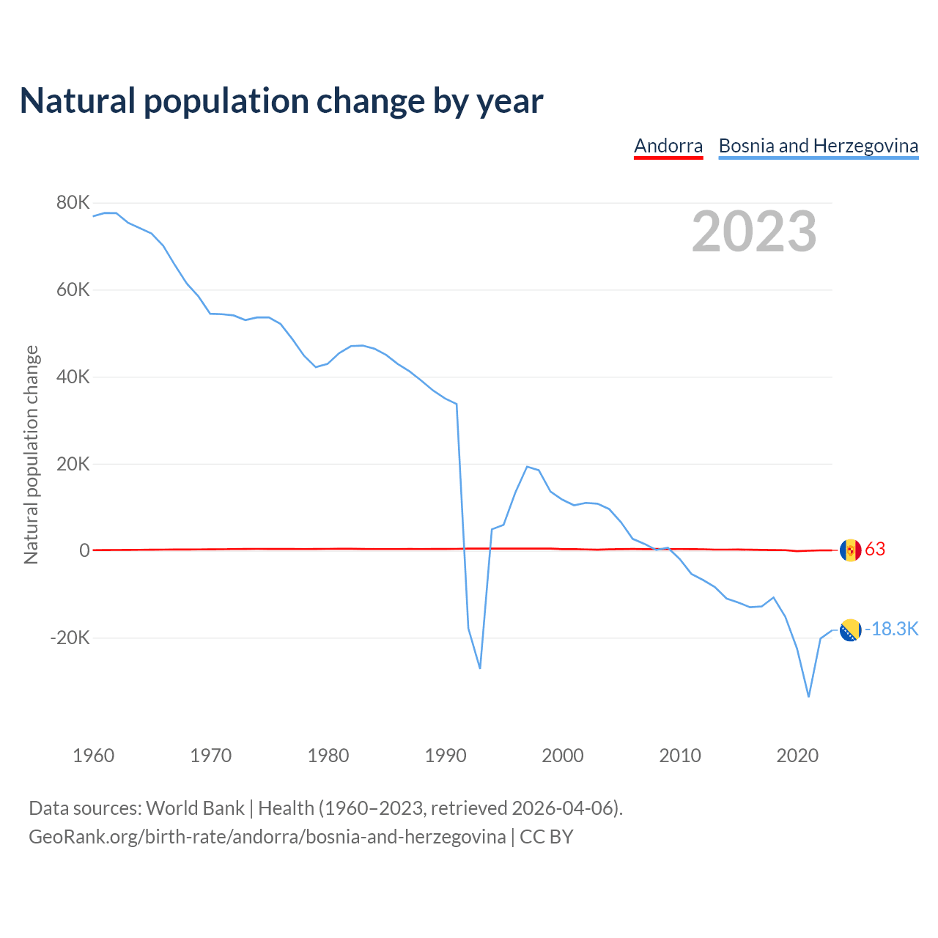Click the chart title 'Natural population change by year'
click(281, 101)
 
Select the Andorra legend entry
click(668, 146)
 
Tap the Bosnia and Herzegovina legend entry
click(818, 146)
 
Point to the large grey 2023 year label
click(754, 232)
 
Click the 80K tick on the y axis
click(73, 203)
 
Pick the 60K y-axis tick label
click(73, 290)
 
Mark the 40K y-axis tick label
click(73, 377)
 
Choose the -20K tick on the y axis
click(70, 638)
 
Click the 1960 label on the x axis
click(94, 756)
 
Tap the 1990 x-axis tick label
click(446, 756)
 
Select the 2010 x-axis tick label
click(680, 756)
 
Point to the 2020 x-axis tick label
click(797, 756)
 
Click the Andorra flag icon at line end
click(850, 550)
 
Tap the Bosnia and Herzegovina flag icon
click(850, 630)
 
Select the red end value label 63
click(875, 550)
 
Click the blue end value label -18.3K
click(891, 629)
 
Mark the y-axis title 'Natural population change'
click(32, 455)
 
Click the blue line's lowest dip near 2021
click(808, 696)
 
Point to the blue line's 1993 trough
click(480, 668)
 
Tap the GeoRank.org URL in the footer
click(267, 837)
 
